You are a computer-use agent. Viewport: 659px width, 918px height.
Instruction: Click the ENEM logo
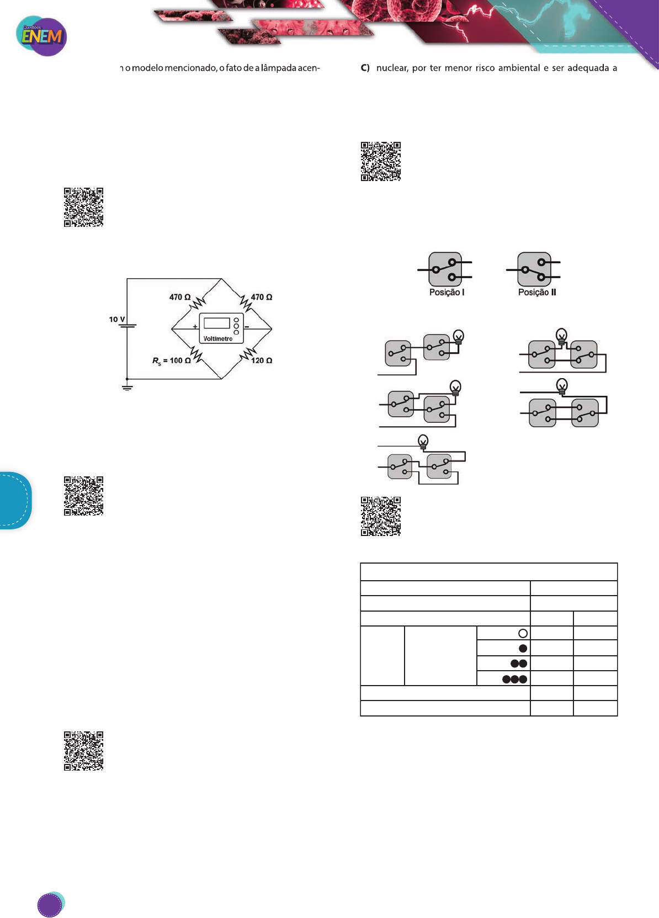pos(41,36)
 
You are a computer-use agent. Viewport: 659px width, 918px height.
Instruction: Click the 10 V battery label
pos(116,320)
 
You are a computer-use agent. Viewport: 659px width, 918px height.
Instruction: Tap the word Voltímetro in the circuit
pos(218,339)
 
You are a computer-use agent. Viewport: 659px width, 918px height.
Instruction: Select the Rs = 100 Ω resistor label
pos(172,360)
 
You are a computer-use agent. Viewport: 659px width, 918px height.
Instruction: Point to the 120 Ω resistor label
pos(262,360)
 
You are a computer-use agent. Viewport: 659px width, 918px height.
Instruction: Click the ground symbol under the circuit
pos(127,387)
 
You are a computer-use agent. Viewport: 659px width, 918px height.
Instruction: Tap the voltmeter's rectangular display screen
pos(217,323)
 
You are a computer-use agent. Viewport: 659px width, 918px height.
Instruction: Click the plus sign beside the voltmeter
pos(195,327)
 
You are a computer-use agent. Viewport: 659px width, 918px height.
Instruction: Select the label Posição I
pos(447,293)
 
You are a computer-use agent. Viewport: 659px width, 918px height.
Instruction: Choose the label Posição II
pos(536,293)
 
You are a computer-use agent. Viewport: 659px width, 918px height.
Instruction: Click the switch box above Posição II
pos(534,269)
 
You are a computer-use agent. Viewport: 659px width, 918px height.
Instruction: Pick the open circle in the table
pos(523,633)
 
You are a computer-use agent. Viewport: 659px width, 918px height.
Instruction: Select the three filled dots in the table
pos(514,679)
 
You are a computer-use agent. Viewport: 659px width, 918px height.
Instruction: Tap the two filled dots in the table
pos(519,664)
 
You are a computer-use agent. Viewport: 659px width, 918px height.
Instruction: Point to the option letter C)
pos(365,68)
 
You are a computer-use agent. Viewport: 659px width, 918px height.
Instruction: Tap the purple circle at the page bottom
pos(50,905)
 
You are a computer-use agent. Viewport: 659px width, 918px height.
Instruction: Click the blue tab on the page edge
pos(15,500)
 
